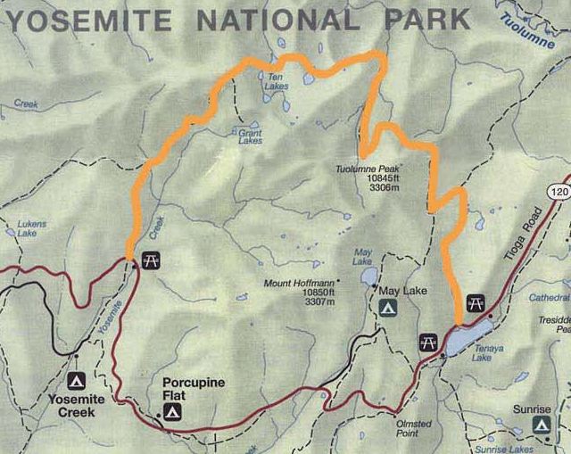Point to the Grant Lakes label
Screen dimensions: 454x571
250,136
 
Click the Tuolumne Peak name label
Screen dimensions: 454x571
367,169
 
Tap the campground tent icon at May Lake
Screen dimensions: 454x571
389,308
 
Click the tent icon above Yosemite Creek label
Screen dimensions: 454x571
76,380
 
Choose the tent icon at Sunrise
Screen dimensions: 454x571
540,425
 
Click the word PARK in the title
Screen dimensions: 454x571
427,20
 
